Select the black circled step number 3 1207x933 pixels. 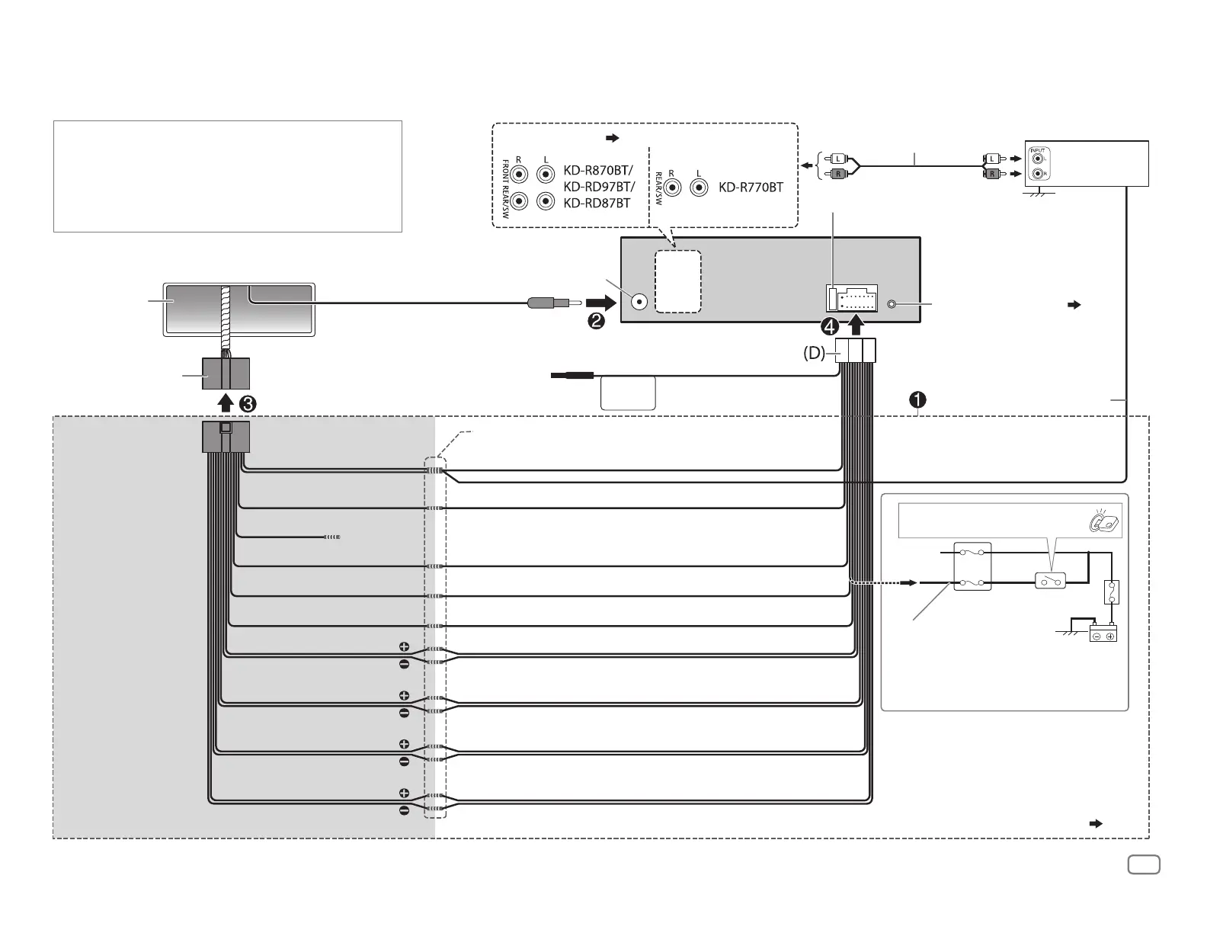tap(247, 405)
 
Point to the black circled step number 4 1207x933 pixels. tap(830, 327)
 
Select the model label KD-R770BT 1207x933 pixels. tap(751, 187)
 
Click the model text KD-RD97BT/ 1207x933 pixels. tap(598, 187)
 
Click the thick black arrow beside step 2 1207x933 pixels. tap(600, 303)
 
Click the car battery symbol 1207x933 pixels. tap(1103, 635)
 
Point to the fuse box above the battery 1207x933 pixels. tap(1112, 592)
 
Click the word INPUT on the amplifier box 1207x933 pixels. tap(1038, 150)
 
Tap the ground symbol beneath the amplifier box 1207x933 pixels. tap(1036, 194)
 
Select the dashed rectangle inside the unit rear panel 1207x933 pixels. tap(677, 281)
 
